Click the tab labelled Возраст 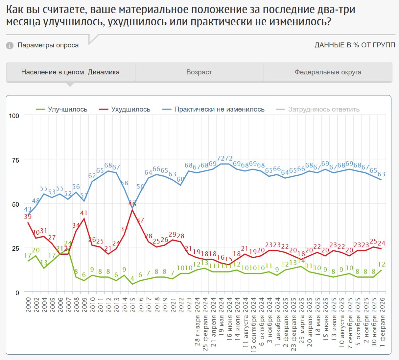point(199,72)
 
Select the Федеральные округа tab point(328,72)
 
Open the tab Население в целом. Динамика point(70,72)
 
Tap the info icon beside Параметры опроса point(10,45)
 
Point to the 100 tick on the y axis point(14,116)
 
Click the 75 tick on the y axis point(15,160)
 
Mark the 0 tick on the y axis point(17,293)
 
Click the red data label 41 point(84,213)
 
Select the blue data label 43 point(28,209)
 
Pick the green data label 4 point(132,279)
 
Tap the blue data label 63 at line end point(381,174)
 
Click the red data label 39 point(28,217)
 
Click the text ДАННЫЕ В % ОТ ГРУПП point(355,45)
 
